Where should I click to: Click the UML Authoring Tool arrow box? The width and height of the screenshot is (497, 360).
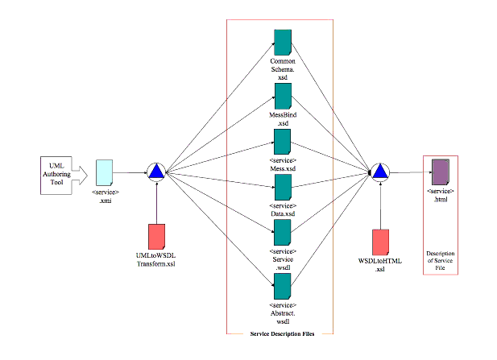(x=59, y=171)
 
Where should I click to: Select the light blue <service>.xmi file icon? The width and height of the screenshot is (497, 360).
(x=105, y=172)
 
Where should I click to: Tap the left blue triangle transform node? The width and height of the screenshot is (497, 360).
(x=156, y=172)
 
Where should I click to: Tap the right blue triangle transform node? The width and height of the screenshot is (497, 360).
(x=381, y=172)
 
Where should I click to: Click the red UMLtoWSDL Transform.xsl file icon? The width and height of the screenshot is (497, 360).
(x=156, y=236)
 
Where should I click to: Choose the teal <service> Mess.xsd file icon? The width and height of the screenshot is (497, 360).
(x=282, y=142)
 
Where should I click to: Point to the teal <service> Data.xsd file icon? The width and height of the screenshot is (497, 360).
(x=282, y=187)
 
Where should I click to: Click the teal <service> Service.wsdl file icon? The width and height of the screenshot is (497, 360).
(x=282, y=232)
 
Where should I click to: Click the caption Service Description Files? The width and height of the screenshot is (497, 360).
(x=280, y=332)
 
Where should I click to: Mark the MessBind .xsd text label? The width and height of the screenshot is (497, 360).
(x=282, y=119)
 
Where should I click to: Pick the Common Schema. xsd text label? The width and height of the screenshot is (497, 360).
(x=282, y=69)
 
